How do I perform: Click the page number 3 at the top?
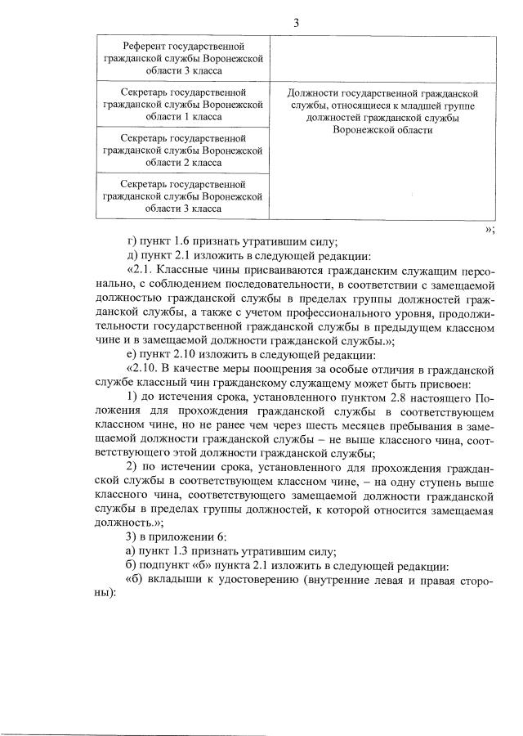296,23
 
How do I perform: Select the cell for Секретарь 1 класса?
183,104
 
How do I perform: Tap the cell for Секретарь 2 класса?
183,150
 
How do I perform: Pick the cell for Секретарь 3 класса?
183,195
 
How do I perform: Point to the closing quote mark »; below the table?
489,229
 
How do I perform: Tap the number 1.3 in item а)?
185,552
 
